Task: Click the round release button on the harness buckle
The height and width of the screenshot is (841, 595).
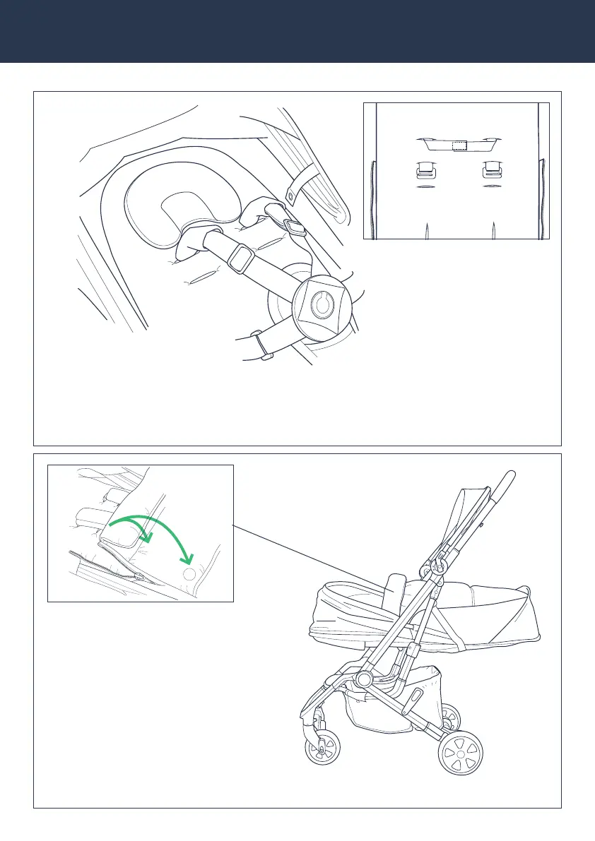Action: (x=322, y=305)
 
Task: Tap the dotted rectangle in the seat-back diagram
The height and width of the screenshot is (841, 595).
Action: (x=459, y=145)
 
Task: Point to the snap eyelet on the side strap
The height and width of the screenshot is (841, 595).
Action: (x=290, y=193)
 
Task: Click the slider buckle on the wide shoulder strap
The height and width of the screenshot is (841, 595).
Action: (x=241, y=258)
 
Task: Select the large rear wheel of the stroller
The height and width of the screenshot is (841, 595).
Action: (x=461, y=753)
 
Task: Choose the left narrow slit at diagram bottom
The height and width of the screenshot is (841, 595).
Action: (x=425, y=231)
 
